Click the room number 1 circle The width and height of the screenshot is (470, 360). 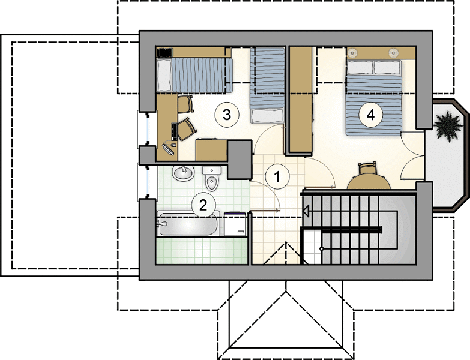[x=277, y=177]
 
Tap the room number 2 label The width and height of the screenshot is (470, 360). [x=203, y=205]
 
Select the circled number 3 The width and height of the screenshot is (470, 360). [x=227, y=115]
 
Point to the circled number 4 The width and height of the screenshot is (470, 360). [x=371, y=115]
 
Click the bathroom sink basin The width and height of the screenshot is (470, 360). [x=183, y=173]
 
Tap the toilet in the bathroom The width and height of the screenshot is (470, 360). [x=212, y=179]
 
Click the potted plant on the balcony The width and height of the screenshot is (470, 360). [x=448, y=125]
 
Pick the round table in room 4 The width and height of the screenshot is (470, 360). [x=369, y=182]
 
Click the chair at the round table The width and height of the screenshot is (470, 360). [x=367, y=169]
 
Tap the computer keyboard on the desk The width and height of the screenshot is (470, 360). [x=174, y=131]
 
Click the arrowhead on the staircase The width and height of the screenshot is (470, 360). [x=306, y=211]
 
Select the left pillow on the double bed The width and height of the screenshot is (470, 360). [x=360, y=67]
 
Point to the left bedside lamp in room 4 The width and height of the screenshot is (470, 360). [x=353, y=53]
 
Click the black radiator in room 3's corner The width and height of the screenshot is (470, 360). [x=165, y=52]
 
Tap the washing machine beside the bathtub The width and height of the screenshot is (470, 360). [x=235, y=224]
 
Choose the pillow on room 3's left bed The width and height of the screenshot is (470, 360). [x=164, y=75]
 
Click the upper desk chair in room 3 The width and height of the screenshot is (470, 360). [x=185, y=104]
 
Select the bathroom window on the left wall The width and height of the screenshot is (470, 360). [x=148, y=181]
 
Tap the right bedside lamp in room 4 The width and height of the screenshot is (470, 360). [x=393, y=53]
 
